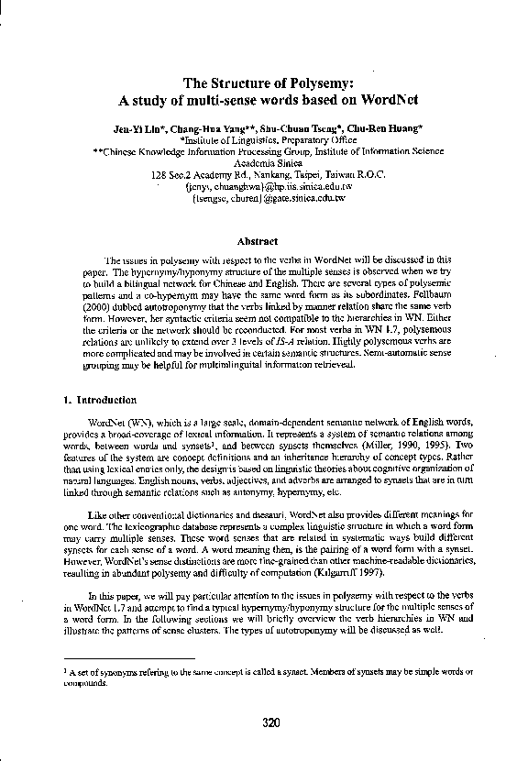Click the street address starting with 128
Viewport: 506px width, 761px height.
click(253, 174)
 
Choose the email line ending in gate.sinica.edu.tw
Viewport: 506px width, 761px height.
click(253, 197)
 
